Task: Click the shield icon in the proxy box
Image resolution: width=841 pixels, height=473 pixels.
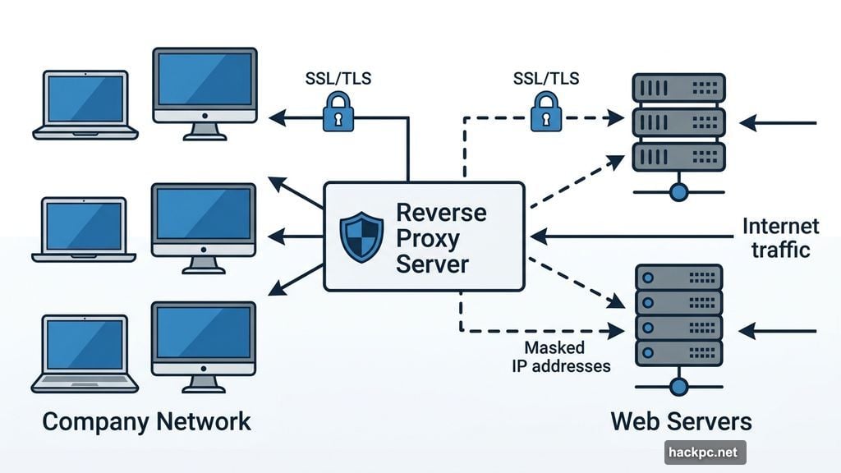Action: (362, 237)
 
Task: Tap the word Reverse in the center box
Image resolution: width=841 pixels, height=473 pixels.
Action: (441, 212)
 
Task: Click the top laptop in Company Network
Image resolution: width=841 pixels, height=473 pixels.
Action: (85, 105)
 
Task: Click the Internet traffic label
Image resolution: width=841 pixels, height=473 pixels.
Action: (780, 237)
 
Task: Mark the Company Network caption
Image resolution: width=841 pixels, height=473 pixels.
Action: (146, 422)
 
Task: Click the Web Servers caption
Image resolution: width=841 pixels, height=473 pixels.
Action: (681, 422)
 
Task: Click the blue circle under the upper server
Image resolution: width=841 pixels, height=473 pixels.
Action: (678, 192)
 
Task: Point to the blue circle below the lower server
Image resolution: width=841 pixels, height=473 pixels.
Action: (678, 386)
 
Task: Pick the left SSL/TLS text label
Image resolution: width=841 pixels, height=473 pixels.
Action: (338, 80)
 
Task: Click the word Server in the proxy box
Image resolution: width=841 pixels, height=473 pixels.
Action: (432, 264)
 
